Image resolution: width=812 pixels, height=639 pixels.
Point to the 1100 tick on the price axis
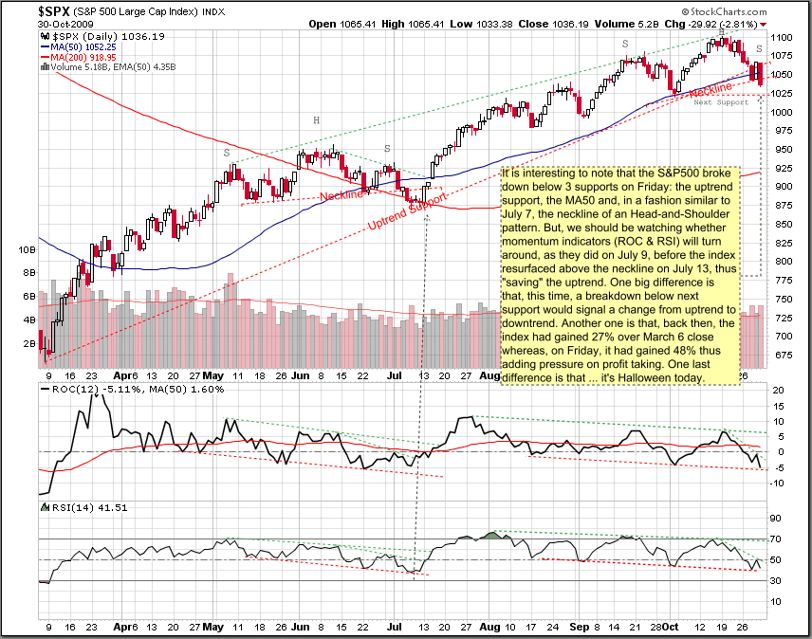(784, 36)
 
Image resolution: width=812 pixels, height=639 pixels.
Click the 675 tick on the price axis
(782, 355)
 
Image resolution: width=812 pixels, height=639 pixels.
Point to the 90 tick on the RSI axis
(777, 518)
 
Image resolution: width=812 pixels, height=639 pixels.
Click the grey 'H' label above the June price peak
(317, 120)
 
